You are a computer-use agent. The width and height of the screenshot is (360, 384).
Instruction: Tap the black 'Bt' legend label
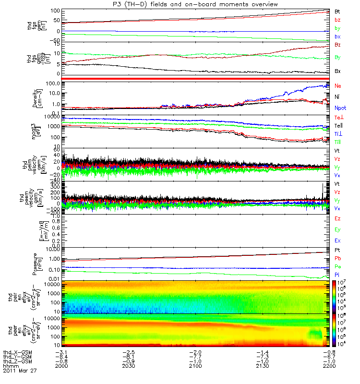(337, 11)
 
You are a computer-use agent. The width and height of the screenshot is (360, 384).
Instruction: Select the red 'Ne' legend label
(338, 85)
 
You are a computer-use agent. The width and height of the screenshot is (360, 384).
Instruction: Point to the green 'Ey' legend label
(338, 229)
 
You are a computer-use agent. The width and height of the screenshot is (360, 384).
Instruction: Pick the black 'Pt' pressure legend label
(338, 251)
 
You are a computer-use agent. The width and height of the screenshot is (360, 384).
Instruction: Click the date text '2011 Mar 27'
(20, 371)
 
